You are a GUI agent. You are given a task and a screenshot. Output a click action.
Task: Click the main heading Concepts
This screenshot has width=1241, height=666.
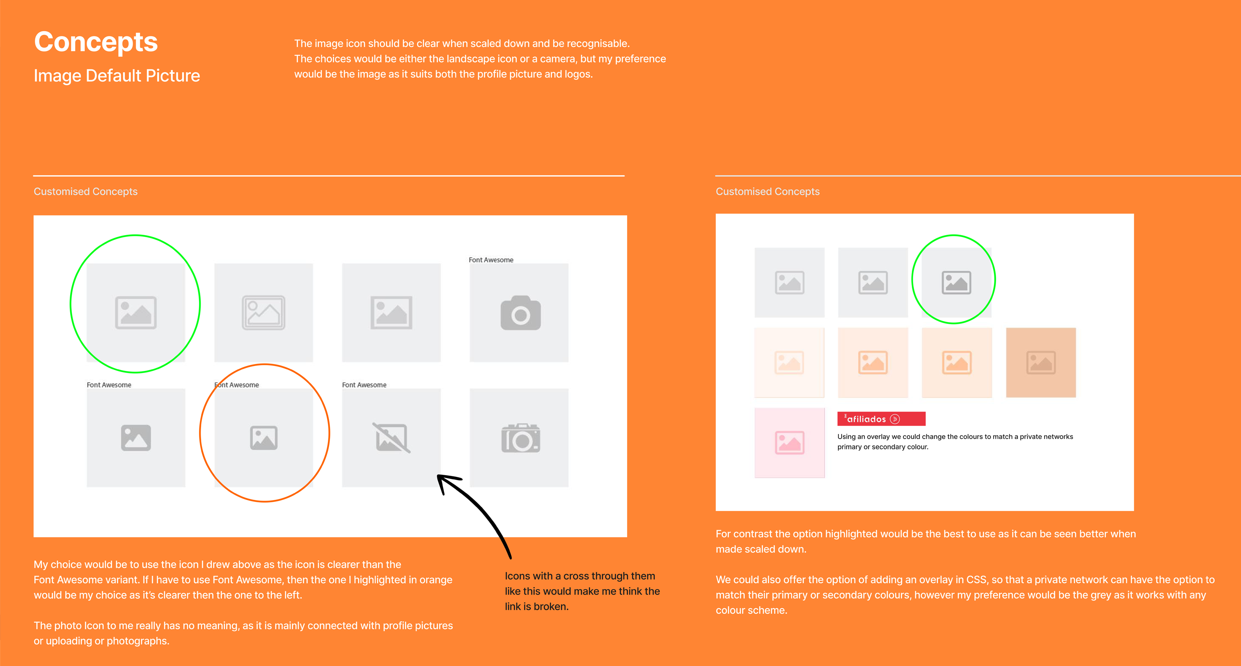click(x=96, y=42)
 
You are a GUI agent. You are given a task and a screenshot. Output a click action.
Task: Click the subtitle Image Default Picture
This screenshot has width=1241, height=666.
click(x=117, y=76)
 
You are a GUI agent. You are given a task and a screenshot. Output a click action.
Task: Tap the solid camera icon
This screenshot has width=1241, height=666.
click(x=520, y=313)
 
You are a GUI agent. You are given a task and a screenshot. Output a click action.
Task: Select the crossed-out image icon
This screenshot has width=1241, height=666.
click(x=391, y=438)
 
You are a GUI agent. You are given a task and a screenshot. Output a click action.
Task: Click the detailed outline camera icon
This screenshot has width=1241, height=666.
click(x=520, y=438)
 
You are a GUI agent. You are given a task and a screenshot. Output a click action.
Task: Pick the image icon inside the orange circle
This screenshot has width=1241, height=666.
click(x=263, y=438)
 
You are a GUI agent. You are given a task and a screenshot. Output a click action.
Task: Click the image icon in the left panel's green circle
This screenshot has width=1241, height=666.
click(x=136, y=313)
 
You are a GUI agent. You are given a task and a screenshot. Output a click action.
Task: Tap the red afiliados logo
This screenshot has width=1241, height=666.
click(x=881, y=419)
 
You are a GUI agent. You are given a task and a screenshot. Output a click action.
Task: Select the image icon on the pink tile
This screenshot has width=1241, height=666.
click(x=790, y=442)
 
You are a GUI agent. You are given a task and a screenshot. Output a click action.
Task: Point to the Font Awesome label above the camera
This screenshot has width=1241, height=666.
click(x=491, y=260)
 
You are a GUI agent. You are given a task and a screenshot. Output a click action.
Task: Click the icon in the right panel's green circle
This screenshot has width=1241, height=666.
click(x=956, y=283)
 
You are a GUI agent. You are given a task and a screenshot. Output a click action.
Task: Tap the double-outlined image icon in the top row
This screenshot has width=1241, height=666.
click(x=263, y=313)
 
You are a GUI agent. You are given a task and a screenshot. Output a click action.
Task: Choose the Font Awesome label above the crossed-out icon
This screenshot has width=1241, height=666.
click(x=364, y=385)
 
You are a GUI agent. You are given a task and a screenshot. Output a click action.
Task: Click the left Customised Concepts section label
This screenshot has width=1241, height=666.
click(x=86, y=192)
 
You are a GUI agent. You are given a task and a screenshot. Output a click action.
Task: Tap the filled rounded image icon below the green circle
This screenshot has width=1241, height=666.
click(x=136, y=438)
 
